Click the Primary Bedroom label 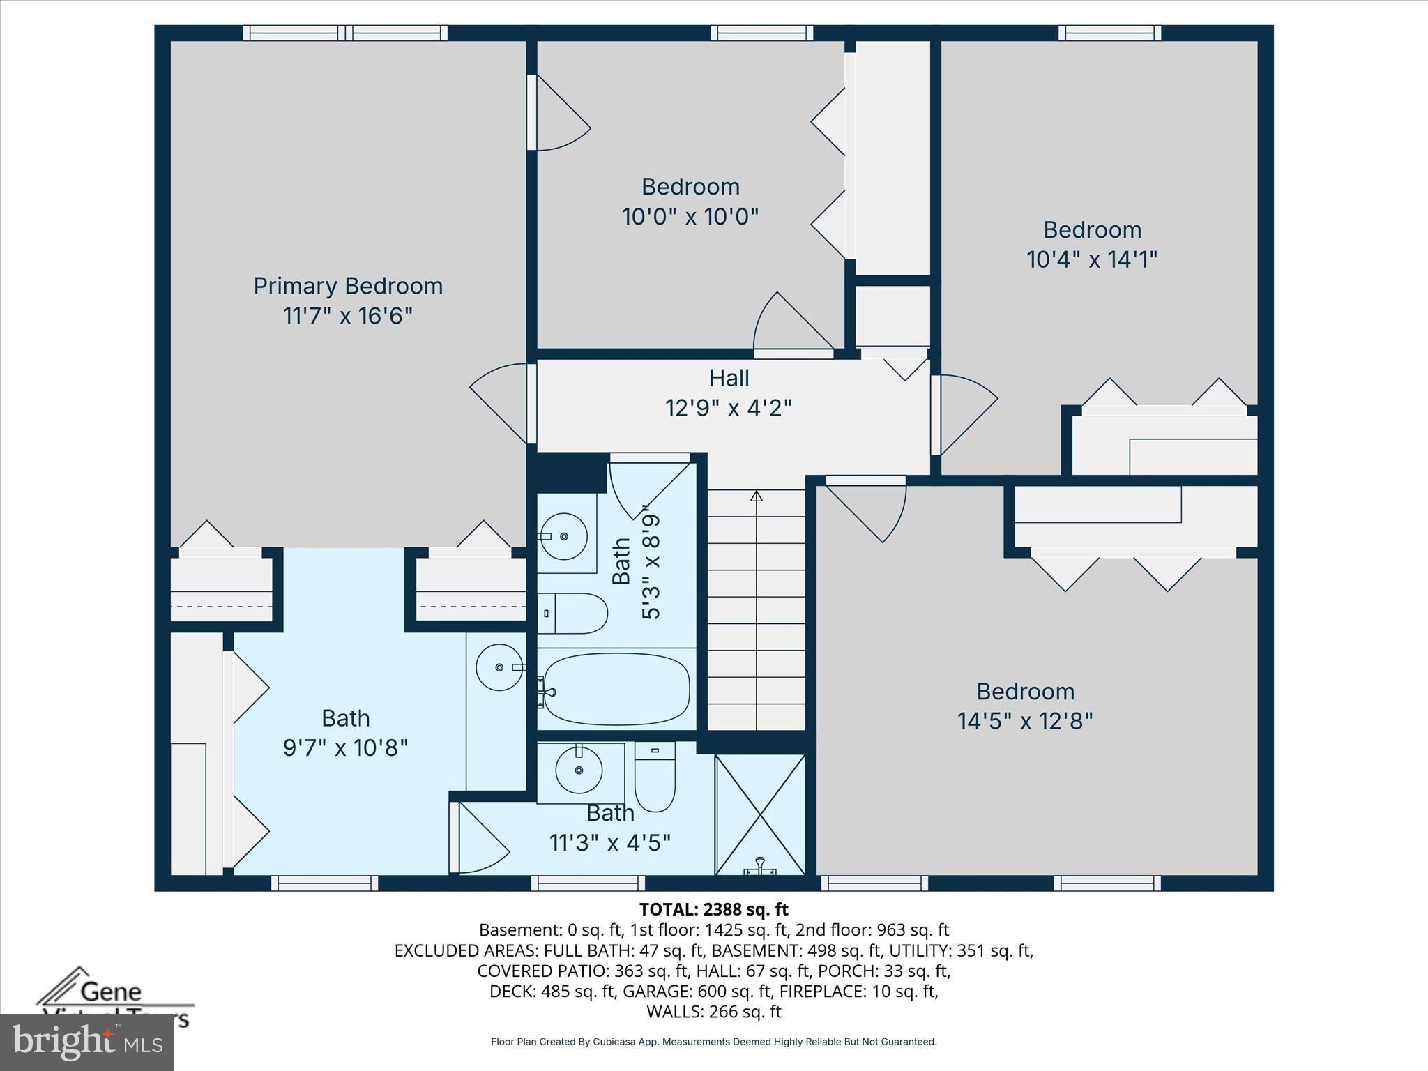(348, 286)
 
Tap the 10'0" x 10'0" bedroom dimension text (690, 217)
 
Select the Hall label (729, 378)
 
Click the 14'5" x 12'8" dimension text (1024, 721)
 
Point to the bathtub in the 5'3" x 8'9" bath (616, 689)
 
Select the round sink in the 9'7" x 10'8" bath (499, 667)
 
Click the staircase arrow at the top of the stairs (757, 496)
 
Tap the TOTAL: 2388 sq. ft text (713, 909)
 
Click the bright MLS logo (86, 1042)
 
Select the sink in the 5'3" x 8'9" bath (564, 535)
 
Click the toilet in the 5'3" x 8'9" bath (573, 613)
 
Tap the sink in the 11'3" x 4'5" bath (579, 770)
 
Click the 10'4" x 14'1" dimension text (1091, 260)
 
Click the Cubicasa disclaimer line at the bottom (713, 1042)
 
